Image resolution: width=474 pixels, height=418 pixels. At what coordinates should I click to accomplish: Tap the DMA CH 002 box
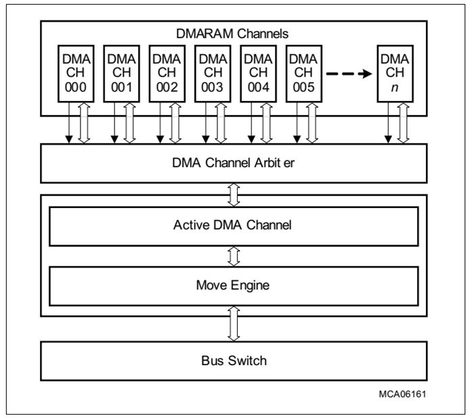click(x=166, y=72)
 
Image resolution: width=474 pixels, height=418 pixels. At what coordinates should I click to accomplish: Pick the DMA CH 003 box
click(x=212, y=72)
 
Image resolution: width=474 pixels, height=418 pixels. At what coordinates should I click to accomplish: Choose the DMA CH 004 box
click(x=258, y=72)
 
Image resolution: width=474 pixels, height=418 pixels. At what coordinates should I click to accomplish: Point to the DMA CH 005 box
click(x=304, y=72)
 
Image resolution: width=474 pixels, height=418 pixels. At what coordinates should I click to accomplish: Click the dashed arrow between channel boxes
click(x=350, y=73)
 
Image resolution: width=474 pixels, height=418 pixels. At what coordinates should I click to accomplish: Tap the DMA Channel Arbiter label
click(x=234, y=163)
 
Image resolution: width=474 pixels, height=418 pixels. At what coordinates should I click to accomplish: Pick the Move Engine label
click(x=234, y=285)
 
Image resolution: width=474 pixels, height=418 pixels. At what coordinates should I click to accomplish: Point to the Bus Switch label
click(x=234, y=360)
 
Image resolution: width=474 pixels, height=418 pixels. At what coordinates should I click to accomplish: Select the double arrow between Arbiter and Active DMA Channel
click(x=234, y=195)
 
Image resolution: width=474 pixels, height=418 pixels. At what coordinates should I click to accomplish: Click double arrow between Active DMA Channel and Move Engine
click(x=234, y=256)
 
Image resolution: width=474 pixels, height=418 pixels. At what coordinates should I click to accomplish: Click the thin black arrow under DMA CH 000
click(x=68, y=123)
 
